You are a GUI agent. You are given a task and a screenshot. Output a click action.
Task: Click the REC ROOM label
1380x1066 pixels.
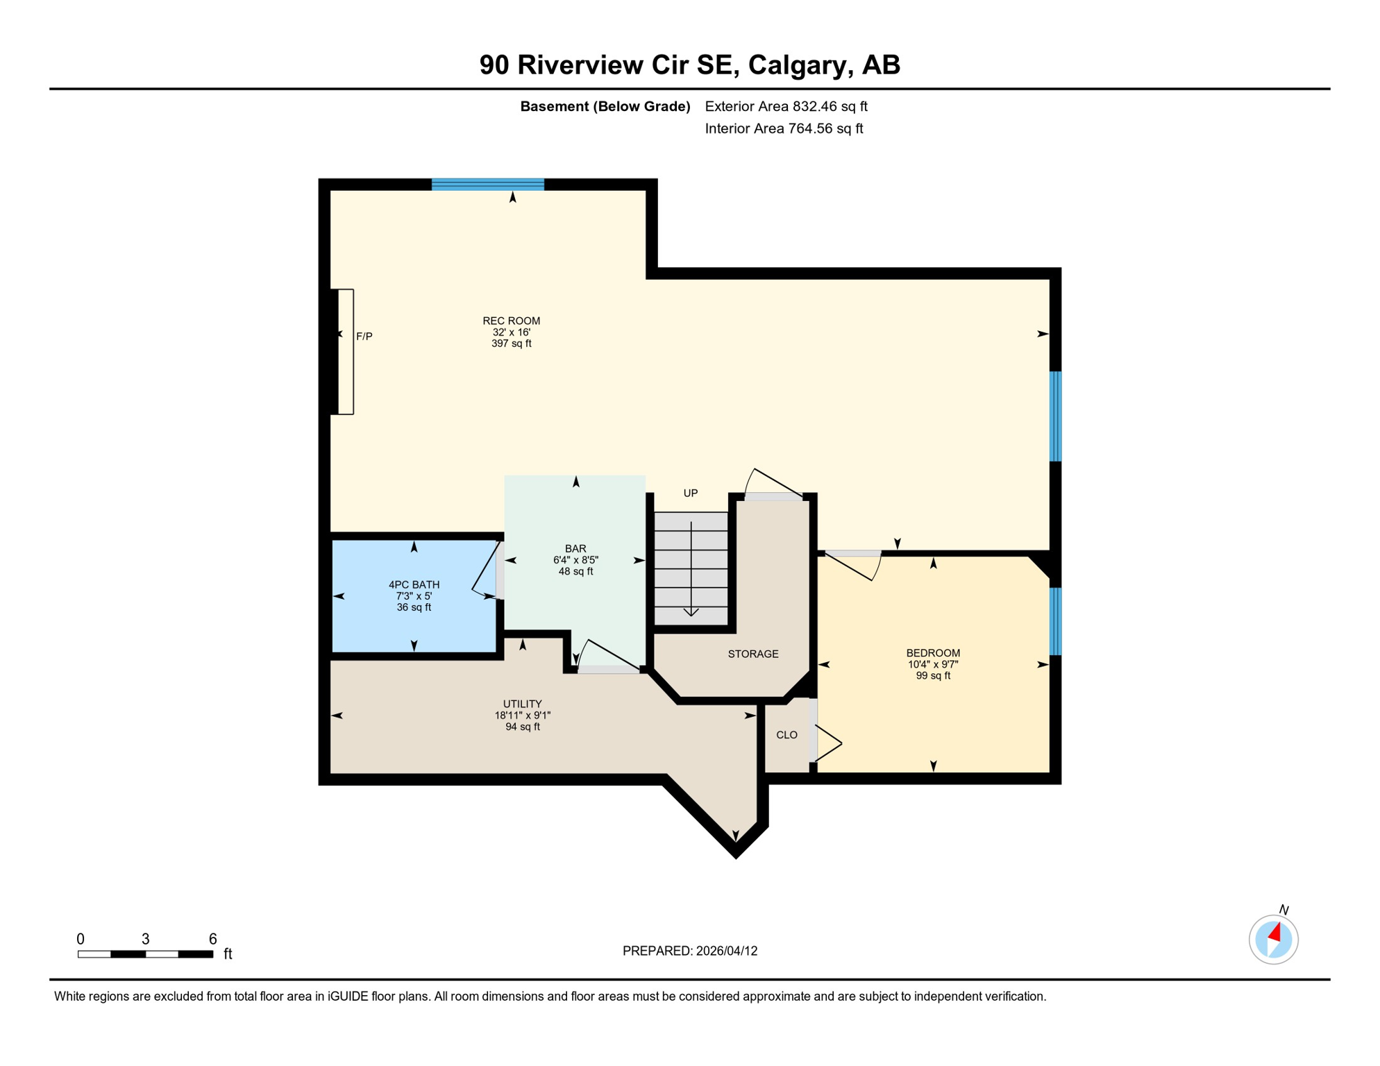511,321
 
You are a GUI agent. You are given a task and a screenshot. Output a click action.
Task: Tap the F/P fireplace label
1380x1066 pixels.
364,337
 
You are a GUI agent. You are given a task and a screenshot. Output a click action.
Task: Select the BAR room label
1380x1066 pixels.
575,549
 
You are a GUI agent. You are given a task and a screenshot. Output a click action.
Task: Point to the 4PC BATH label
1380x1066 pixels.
414,585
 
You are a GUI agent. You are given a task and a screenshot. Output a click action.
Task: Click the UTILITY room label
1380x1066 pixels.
522,704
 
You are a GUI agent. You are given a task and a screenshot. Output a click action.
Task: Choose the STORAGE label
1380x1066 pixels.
753,654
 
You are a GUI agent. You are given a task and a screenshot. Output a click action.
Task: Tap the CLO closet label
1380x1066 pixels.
786,735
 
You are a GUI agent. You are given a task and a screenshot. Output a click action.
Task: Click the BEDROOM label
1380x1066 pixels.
933,653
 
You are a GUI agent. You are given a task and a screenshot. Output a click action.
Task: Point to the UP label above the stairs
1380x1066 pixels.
690,493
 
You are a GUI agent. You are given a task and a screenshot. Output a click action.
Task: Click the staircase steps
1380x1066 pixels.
691,568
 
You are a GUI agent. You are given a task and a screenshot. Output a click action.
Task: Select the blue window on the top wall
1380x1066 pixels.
488,185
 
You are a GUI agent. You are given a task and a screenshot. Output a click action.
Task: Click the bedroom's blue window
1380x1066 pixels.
1055,621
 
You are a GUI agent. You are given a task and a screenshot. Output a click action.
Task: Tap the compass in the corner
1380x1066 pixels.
1273,939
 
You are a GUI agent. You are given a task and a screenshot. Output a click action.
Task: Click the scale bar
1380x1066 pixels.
145,954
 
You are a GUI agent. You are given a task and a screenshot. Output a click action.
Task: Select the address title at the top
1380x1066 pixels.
690,65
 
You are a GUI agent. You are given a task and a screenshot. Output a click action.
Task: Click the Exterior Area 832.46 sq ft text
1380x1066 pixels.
786,106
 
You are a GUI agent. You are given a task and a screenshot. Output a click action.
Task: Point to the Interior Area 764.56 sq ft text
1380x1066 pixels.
784,128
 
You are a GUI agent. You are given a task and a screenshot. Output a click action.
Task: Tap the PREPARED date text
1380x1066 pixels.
690,951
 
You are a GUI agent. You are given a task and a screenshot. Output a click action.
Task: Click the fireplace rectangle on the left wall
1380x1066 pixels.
346,352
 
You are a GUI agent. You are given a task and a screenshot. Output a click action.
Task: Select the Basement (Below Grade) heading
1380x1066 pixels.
605,106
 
